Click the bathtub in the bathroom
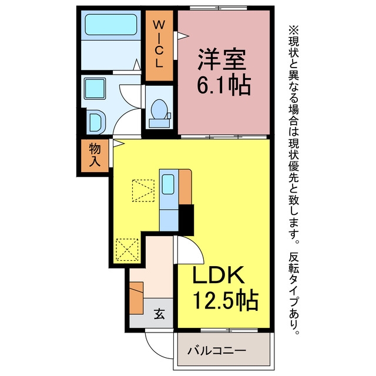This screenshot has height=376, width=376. click(111, 25)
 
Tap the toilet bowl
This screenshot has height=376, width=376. click(159, 109)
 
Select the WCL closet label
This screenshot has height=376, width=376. click(159, 43)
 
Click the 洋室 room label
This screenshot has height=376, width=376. click(222, 59)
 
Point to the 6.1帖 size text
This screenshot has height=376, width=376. click(224, 86)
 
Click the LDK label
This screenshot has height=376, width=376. click(218, 275)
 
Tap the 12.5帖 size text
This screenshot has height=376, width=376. click(226, 301)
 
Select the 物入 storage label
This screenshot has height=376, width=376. click(95, 155)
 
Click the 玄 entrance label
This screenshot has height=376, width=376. click(159, 314)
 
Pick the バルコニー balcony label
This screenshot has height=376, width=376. click(217, 351)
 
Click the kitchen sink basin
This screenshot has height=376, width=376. click(168, 184)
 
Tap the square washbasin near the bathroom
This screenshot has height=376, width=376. click(95, 89)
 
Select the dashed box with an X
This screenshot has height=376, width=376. click(127, 250)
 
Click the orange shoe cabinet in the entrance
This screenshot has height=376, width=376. click(136, 298)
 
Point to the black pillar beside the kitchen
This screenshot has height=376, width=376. click(186, 219)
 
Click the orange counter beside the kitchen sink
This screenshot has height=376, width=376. click(185, 187)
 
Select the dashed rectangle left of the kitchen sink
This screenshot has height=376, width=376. click(143, 190)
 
